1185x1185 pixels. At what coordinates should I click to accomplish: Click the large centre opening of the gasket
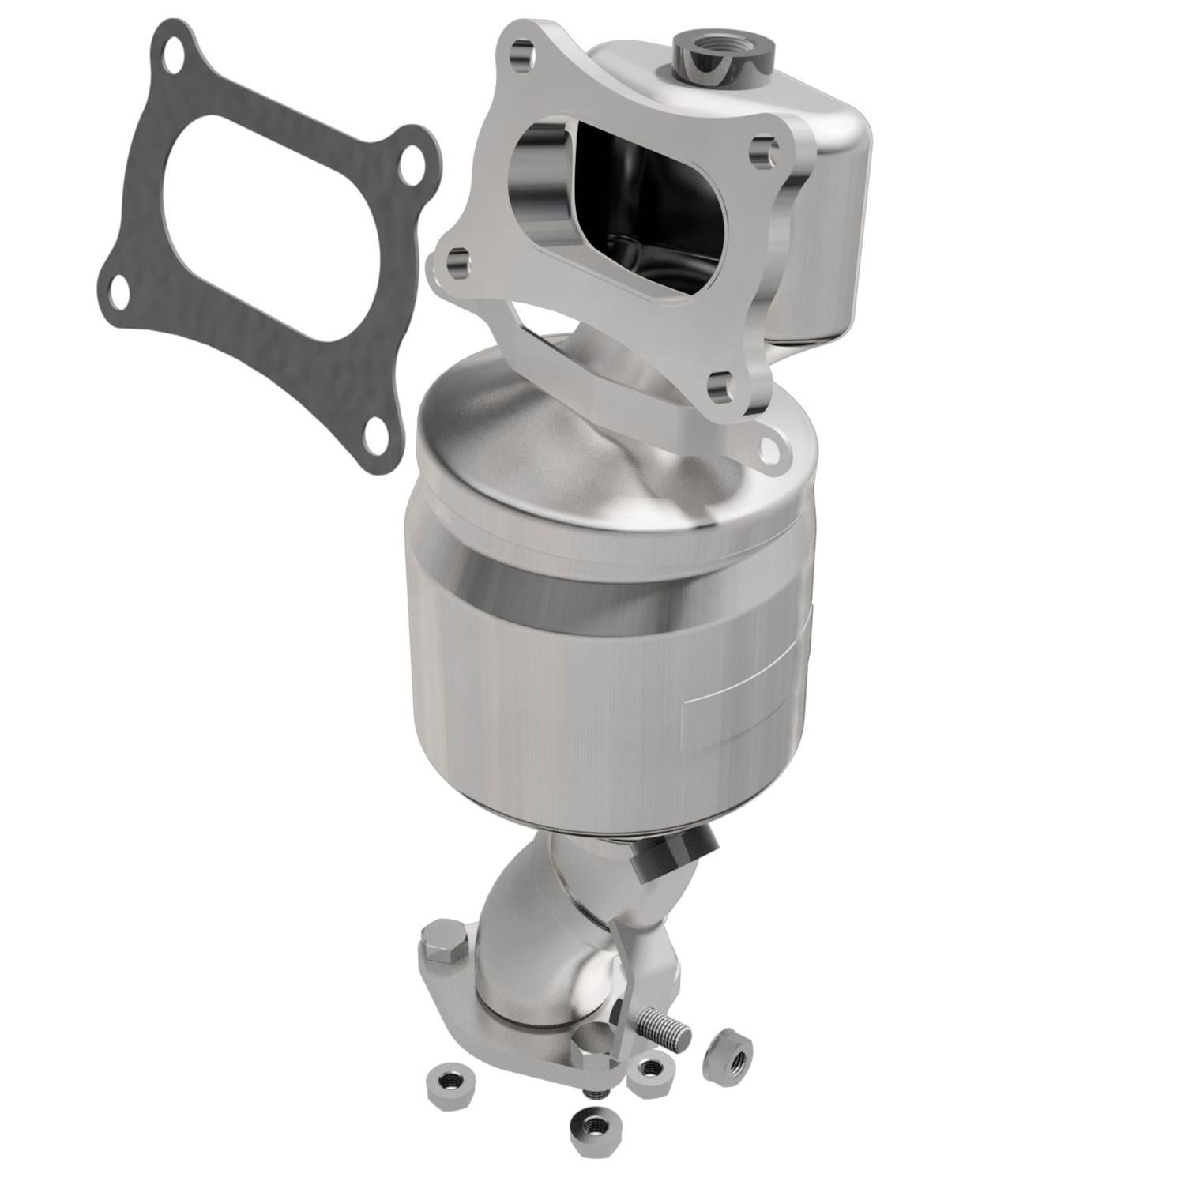[x=261, y=229]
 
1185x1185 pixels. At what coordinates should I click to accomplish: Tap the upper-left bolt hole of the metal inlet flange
[x=519, y=55]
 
